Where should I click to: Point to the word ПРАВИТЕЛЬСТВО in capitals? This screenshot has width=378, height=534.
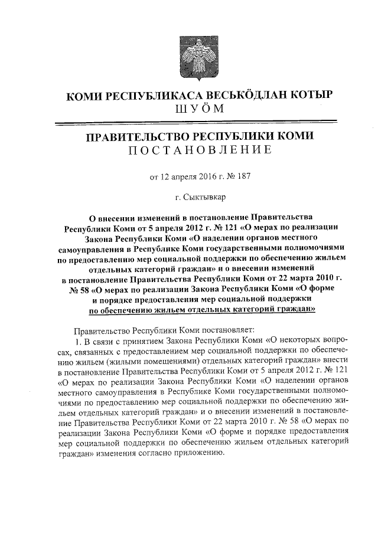point(136,136)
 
